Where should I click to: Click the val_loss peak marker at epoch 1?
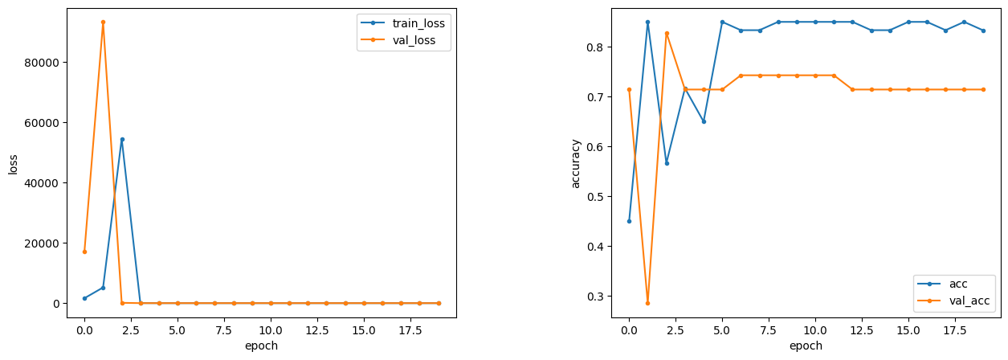[x=103, y=22]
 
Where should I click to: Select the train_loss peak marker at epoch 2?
[x=122, y=139]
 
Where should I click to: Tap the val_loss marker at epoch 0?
[x=84, y=252]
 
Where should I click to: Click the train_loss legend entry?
[x=418, y=23]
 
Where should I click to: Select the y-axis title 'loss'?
[x=13, y=164]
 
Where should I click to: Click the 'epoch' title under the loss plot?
[x=262, y=346]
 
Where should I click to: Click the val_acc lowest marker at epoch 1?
[x=647, y=303]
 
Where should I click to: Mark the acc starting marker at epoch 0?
[x=629, y=221]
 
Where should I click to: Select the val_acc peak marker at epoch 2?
[x=666, y=33]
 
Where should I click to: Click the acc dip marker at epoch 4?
[x=704, y=121]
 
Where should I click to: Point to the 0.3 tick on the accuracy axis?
[x=596, y=296]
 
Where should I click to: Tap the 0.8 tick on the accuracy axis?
[x=596, y=47]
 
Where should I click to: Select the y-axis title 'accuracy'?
[x=575, y=164]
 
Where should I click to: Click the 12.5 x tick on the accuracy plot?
[x=862, y=329]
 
